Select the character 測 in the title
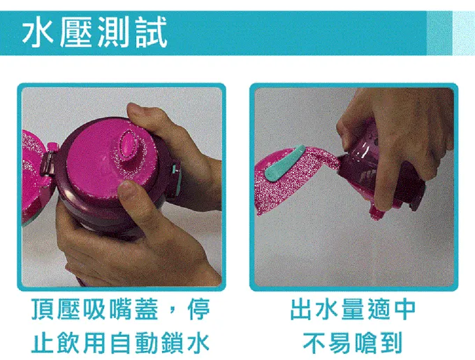coord(112,32)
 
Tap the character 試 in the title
coord(149,32)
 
